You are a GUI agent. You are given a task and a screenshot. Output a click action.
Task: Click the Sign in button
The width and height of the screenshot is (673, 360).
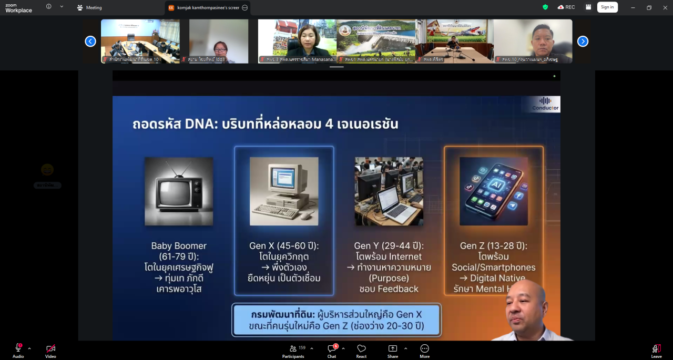click(x=607, y=7)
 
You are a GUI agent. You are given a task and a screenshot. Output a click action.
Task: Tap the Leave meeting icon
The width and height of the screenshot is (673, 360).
click(x=656, y=348)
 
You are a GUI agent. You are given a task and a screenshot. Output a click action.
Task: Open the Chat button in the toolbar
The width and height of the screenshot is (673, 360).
click(x=332, y=348)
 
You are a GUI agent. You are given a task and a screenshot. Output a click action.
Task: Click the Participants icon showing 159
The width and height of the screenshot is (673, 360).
click(x=293, y=348)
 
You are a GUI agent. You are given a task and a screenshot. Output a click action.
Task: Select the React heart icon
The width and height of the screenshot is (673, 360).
click(x=361, y=348)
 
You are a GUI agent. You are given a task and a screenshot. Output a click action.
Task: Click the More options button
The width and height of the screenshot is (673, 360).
click(x=424, y=348)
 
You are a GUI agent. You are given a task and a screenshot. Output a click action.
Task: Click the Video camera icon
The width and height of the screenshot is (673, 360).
click(x=50, y=348)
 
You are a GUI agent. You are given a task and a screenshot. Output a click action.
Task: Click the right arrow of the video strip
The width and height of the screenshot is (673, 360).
click(x=583, y=41)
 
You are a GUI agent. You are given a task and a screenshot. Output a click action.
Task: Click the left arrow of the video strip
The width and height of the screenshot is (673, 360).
click(x=90, y=41)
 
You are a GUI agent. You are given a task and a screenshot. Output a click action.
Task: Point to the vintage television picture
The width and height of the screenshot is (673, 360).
click(x=179, y=191)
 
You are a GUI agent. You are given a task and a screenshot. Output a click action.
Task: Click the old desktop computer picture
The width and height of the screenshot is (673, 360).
click(x=284, y=191)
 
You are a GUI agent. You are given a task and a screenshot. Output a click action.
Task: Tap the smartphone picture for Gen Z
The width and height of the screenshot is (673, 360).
click(x=493, y=191)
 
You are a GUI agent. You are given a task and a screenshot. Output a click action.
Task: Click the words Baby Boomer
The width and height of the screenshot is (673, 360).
click(x=179, y=245)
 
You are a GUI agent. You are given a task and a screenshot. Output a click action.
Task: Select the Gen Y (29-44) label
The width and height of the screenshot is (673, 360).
click(x=389, y=245)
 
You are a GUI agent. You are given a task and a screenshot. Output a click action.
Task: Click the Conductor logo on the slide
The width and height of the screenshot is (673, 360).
click(x=545, y=104)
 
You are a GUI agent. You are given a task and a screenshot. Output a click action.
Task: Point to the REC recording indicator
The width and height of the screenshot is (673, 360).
click(x=566, y=7)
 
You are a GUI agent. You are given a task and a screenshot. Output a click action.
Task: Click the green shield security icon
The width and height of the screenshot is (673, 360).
click(x=545, y=7)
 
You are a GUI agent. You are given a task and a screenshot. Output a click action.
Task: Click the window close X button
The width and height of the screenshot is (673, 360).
click(x=665, y=7)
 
